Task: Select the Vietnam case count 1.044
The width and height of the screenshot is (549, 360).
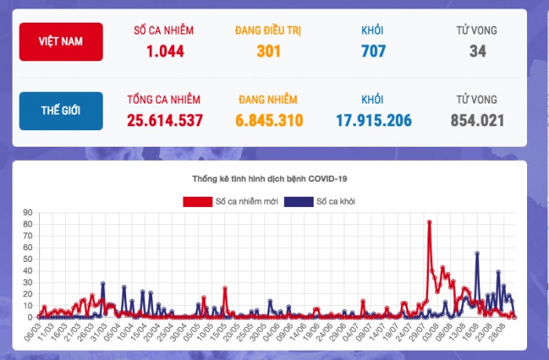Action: [x=165, y=52]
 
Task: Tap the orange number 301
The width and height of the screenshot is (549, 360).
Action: [x=267, y=52]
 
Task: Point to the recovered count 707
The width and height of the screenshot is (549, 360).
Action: [x=372, y=52]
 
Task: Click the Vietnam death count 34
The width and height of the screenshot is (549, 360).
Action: [x=477, y=52]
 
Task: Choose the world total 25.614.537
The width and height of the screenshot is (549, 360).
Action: [x=165, y=121]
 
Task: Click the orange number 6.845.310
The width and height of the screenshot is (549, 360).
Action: [x=267, y=121]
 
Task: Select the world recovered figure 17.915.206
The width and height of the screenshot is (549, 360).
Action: [x=372, y=121]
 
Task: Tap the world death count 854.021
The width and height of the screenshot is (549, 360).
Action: [x=477, y=121]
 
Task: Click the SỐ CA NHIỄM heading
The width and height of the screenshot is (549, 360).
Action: [x=165, y=31]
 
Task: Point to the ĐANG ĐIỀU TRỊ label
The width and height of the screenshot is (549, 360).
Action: [x=267, y=31]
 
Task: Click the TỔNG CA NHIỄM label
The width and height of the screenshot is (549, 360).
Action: [x=165, y=100]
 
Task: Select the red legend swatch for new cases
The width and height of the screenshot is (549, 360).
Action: [x=197, y=202]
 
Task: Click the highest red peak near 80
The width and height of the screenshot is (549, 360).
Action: [x=430, y=222]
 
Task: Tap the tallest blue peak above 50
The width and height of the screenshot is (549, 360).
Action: [x=477, y=253]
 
